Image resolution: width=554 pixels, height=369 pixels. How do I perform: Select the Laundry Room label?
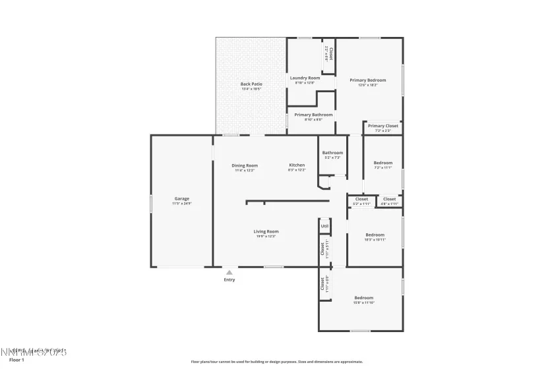point(305,78)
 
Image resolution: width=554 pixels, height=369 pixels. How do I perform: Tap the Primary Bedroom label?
point(367,80)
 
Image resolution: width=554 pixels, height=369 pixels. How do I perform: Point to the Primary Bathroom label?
point(313,115)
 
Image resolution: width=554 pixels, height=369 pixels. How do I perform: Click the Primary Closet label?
point(383,126)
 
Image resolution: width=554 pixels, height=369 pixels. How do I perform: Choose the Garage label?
point(181,198)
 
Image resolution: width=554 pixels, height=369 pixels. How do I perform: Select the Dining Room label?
point(244,165)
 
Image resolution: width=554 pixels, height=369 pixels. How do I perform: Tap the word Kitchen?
point(297,165)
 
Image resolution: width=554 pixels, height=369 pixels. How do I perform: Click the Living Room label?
point(266,231)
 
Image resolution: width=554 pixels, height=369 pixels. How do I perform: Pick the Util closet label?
point(324,226)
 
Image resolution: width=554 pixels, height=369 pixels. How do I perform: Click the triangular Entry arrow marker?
point(229,271)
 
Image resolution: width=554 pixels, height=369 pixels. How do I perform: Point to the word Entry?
point(229,279)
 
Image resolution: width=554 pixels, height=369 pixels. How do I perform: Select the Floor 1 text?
point(16,360)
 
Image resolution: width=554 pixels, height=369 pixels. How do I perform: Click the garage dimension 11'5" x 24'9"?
point(181,204)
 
